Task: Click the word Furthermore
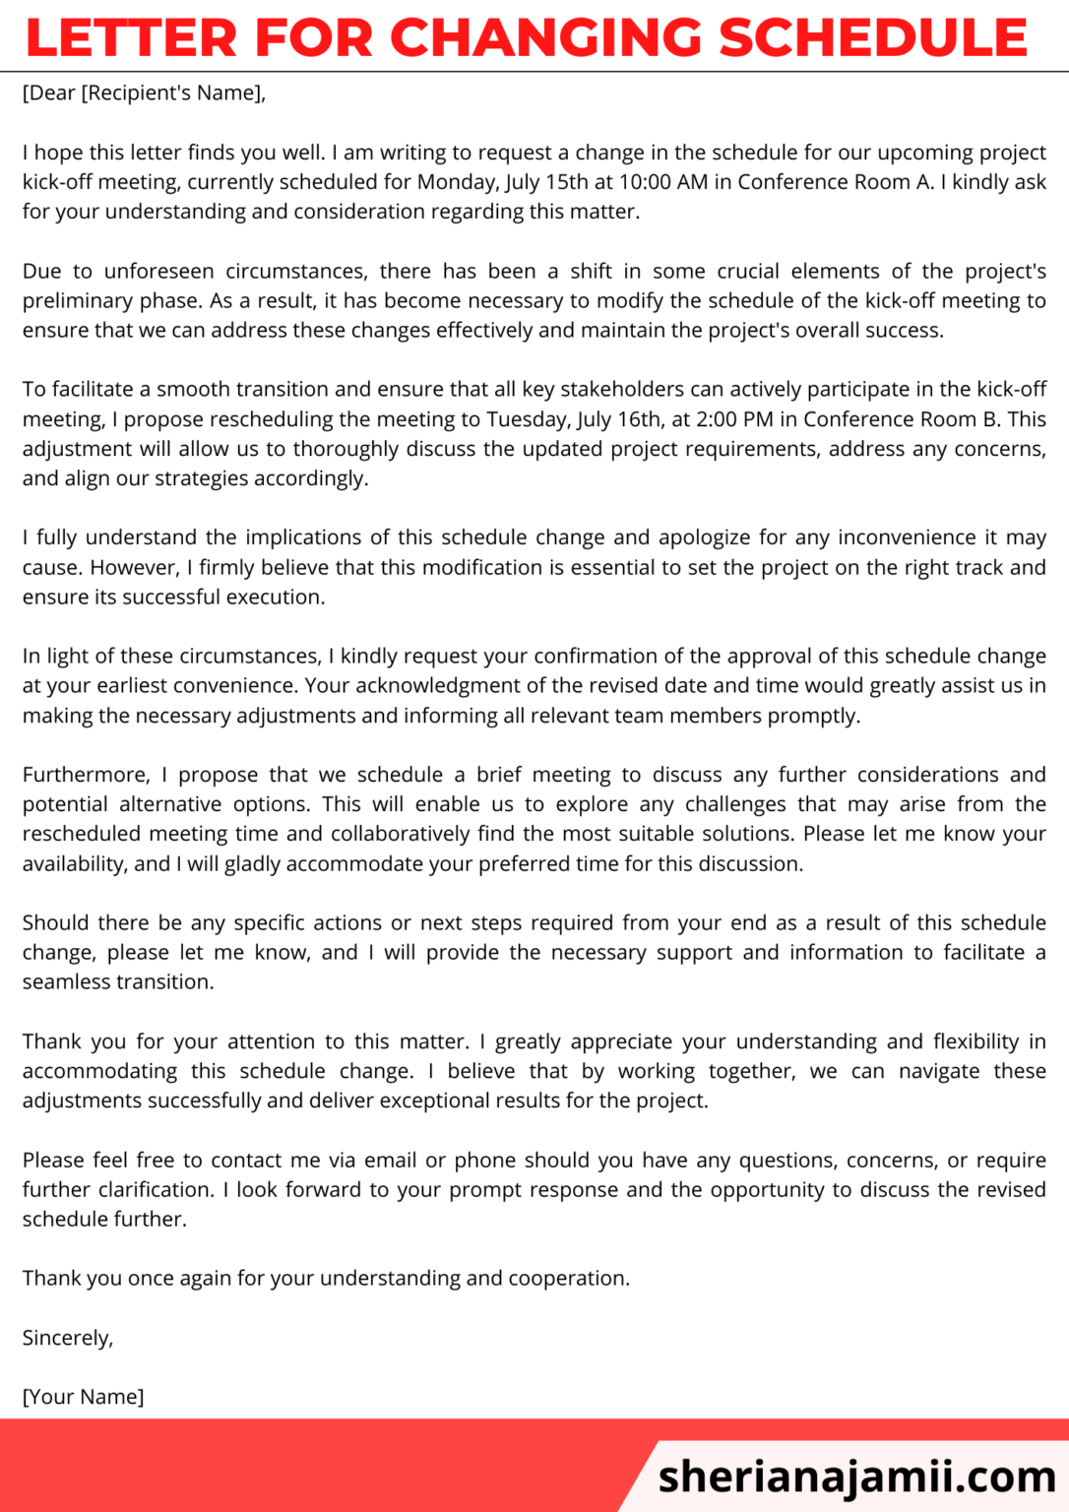tap(87, 776)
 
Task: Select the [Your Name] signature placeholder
tap(84, 1398)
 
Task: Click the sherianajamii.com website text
tap(856, 1477)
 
